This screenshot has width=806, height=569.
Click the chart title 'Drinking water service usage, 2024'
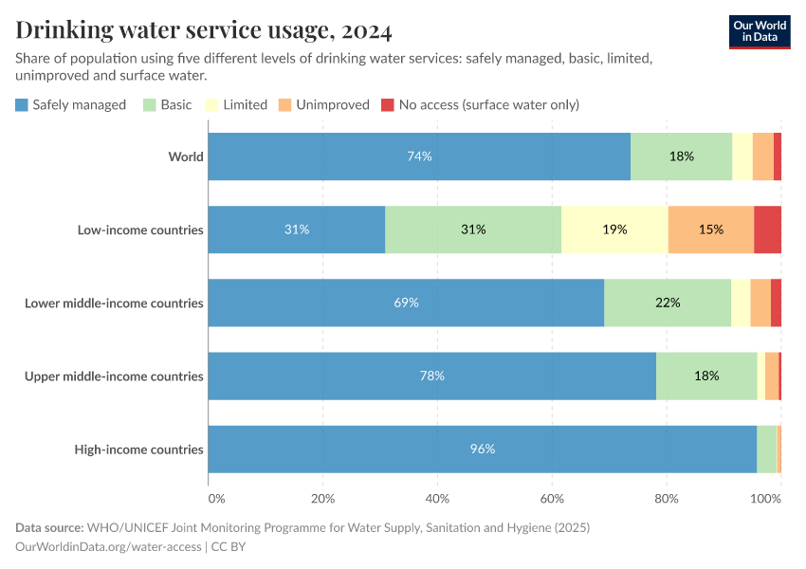(x=204, y=30)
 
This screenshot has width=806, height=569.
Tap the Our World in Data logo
(x=760, y=31)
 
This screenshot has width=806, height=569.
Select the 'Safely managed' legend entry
(x=71, y=104)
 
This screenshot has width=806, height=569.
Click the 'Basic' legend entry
(x=168, y=104)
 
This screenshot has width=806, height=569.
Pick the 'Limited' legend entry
(x=236, y=104)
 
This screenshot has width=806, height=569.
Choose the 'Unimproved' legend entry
(x=324, y=104)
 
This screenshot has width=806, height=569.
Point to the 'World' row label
(x=186, y=156)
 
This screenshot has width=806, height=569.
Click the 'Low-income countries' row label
(x=141, y=229)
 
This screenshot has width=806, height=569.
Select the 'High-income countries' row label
(x=139, y=450)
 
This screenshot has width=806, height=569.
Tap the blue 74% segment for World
(x=419, y=156)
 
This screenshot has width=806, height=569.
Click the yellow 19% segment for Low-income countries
(x=614, y=229)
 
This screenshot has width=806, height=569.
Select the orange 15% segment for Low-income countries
(x=711, y=229)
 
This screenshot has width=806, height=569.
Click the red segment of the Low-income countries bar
(x=767, y=229)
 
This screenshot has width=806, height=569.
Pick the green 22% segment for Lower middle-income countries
(x=668, y=303)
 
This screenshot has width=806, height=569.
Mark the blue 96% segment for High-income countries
(x=482, y=450)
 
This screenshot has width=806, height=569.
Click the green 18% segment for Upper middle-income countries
(x=706, y=376)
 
